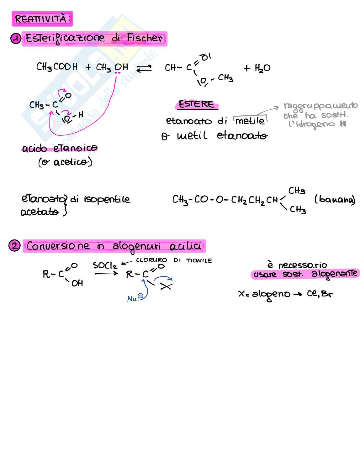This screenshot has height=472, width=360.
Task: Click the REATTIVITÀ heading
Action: click(x=42, y=19)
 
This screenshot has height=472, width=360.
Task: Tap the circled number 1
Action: click(x=16, y=39)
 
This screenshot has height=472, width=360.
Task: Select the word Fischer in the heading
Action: click(x=145, y=38)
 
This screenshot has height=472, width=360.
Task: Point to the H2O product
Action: click(x=257, y=68)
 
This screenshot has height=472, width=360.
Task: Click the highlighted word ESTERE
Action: click(x=196, y=104)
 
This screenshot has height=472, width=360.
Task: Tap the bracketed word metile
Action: click(x=250, y=121)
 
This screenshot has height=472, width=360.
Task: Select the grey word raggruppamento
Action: click(x=320, y=106)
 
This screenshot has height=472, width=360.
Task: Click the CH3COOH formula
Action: click(x=57, y=67)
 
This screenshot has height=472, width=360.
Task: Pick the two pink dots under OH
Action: click(x=118, y=73)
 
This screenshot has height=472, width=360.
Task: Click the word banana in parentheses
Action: click(x=335, y=200)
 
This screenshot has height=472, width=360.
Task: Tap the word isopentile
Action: click(x=107, y=199)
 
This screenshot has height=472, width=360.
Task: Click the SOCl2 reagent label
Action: click(x=105, y=266)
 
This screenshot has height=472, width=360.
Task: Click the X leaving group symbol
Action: click(x=166, y=286)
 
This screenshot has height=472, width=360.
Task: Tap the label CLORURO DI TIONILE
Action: click(x=174, y=260)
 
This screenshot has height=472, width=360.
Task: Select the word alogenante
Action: click(x=334, y=274)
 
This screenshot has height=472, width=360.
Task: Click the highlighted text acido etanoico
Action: click(x=60, y=148)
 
